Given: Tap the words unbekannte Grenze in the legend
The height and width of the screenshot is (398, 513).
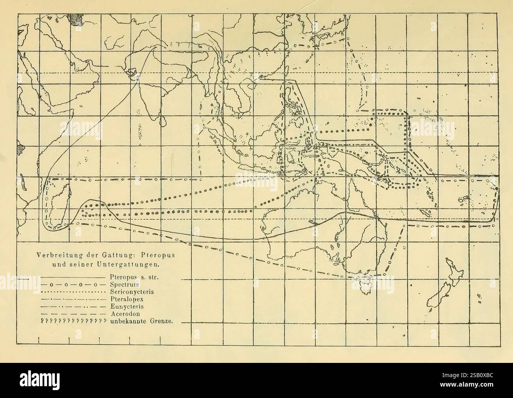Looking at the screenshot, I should (x=143, y=321).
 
